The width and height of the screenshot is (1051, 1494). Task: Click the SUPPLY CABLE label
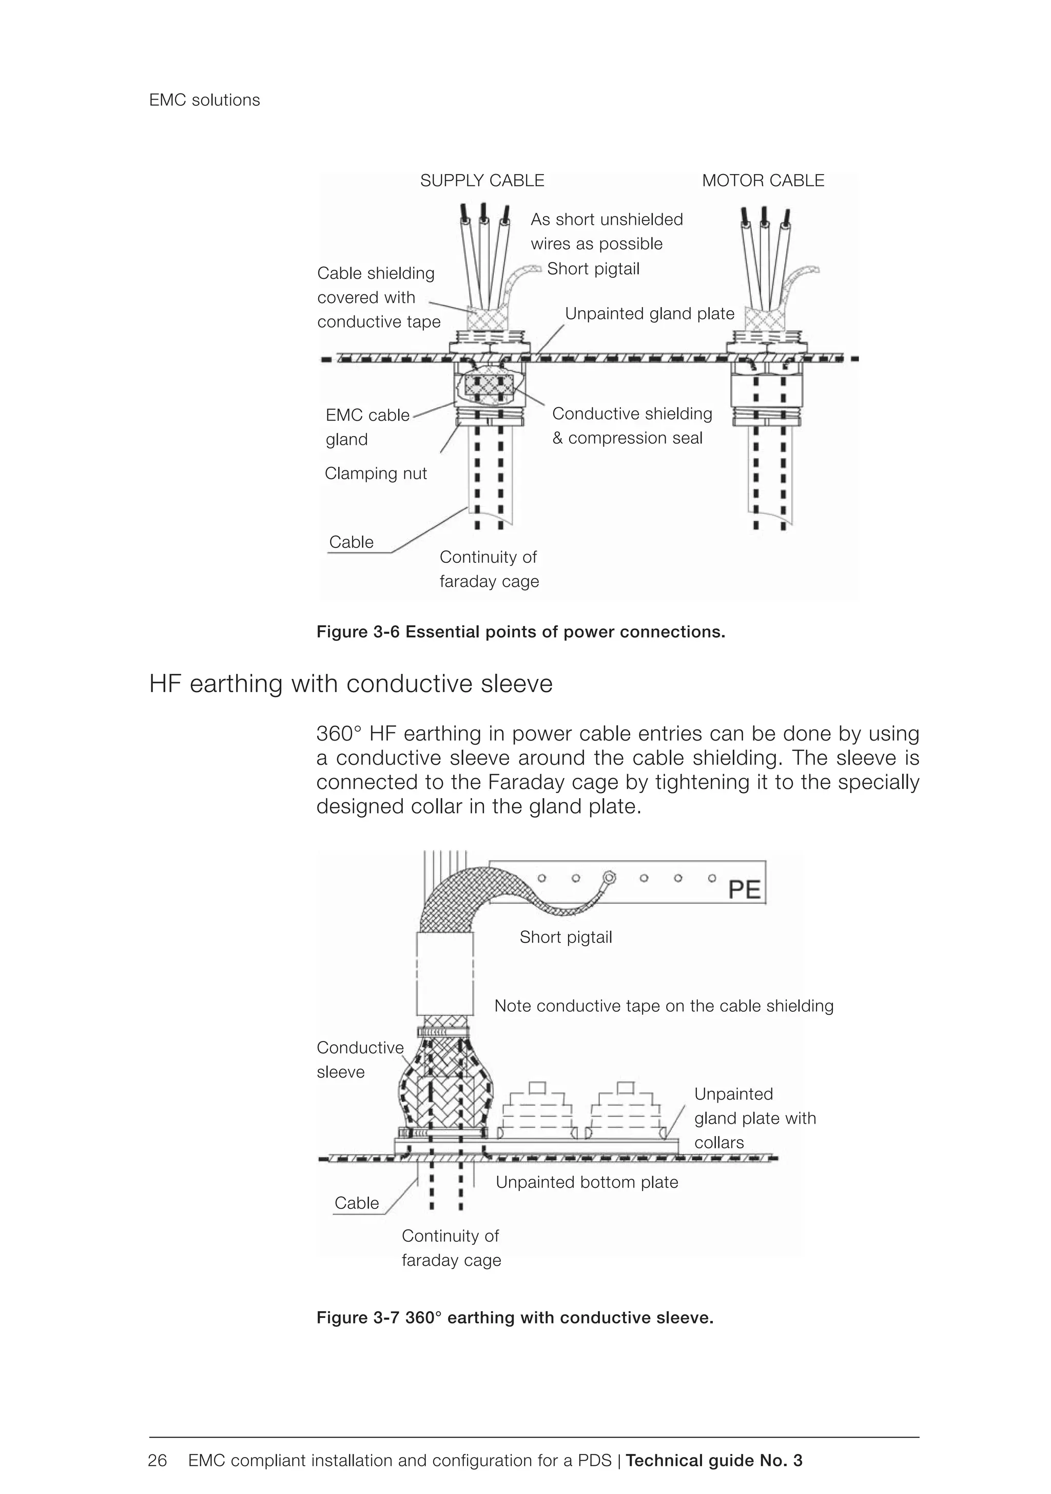pyautogui.click(x=482, y=181)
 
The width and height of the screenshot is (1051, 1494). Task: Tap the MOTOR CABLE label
pyautogui.click(x=763, y=181)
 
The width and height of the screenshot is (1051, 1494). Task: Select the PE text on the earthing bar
pyautogui.click(x=744, y=890)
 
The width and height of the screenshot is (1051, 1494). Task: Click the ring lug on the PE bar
pyautogui.click(x=609, y=878)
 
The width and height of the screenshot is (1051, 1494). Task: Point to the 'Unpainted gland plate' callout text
pyautogui.click(x=649, y=314)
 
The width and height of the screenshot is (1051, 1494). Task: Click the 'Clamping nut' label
pyautogui.click(x=375, y=474)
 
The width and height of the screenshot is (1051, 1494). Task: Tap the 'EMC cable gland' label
pyautogui.click(x=367, y=427)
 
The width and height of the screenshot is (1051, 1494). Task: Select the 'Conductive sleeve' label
pyautogui.click(x=360, y=1060)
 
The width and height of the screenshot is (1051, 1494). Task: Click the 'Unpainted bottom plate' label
pyautogui.click(x=587, y=1182)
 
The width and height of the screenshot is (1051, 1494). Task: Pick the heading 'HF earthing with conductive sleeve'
pyautogui.click(x=351, y=684)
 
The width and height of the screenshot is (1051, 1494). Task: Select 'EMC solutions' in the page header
pyautogui.click(x=204, y=100)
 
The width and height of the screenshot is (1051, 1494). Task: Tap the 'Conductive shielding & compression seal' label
pyautogui.click(x=632, y=426)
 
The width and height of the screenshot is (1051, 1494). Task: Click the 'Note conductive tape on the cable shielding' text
pyautogui.click(x=664, y=1006)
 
